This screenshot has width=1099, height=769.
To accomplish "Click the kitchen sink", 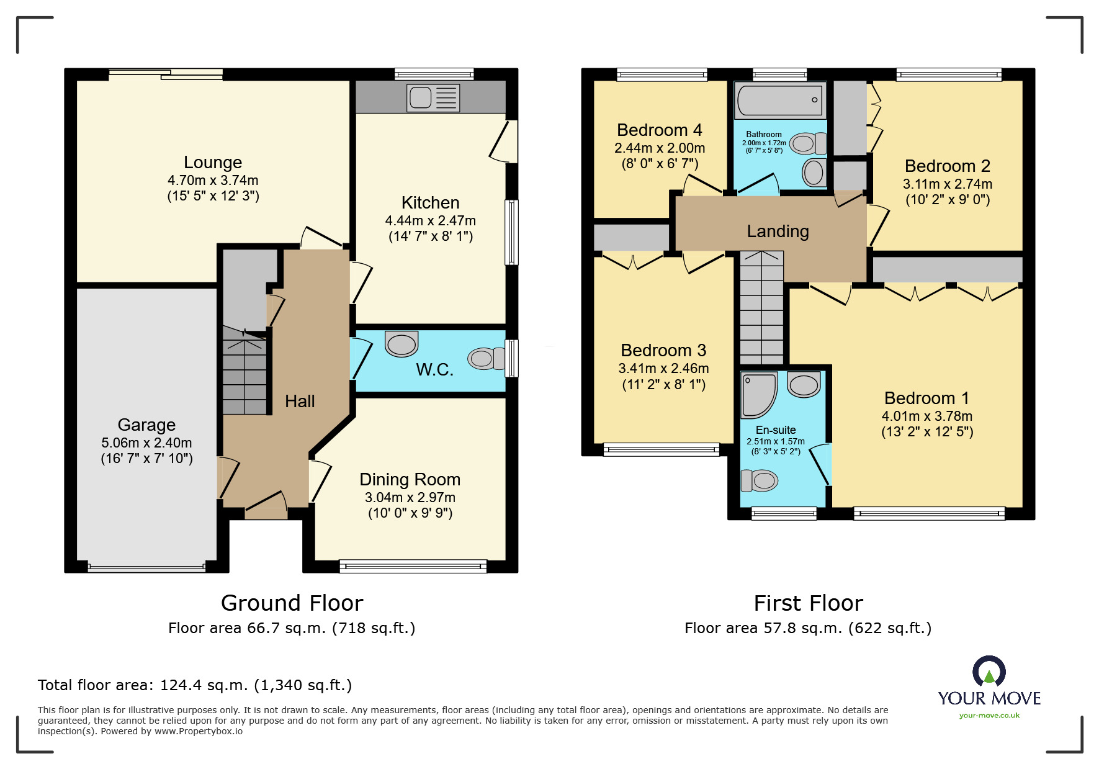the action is click(433, 98).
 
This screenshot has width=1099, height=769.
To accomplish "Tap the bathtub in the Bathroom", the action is click(780, 100).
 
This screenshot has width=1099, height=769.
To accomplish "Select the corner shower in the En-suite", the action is click(758, 395).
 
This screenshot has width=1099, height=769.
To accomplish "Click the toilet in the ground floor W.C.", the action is click(487, 359).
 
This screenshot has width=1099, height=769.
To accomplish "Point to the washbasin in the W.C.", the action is click(401, 344).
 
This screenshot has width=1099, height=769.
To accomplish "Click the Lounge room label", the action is click(213, 162).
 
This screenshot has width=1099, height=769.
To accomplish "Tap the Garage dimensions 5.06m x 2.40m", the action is click(146, 443).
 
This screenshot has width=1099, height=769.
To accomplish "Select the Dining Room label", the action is click(410, 479).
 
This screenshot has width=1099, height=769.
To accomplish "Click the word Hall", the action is click(300, 402).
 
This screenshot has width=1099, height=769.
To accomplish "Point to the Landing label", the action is click(778, 232).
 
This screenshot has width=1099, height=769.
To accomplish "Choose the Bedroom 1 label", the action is click(927, 398).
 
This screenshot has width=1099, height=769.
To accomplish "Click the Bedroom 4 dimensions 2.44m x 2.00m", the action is click(660, 148).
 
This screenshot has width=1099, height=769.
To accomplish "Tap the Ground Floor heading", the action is click(292, 603).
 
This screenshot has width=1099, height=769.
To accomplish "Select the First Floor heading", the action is click(808, 603).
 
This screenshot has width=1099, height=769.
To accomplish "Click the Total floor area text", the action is click(195, 685).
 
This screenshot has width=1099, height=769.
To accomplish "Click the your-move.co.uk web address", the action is click(989, 716).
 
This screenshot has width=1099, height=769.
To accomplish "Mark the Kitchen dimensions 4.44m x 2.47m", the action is click(431, 220).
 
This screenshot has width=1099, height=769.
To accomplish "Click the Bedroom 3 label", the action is click(663, 350).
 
